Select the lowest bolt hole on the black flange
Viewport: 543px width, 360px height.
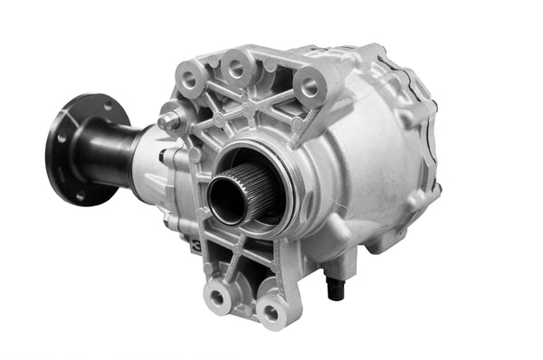(80, 194)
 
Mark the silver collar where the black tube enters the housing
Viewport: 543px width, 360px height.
(150, 154)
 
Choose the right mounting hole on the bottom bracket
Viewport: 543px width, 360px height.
(268, 314)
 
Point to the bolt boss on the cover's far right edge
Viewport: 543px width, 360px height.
(437, 191)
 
